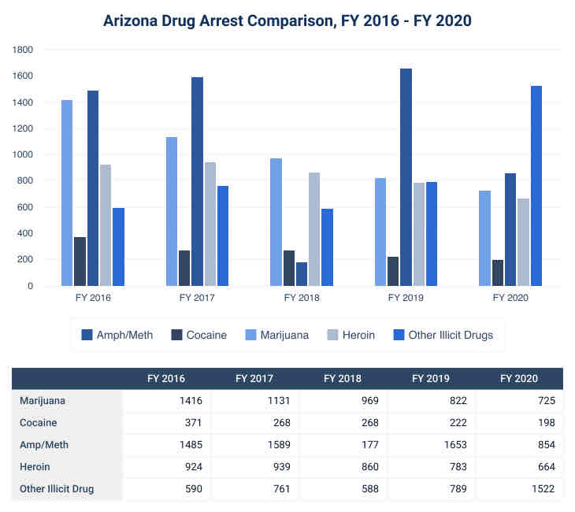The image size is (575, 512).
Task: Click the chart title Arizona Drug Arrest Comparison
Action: [x=287, y=20]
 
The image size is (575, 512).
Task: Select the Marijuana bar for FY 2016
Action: [x=67, y=193]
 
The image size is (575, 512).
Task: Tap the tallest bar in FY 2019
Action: [x=406, y=177]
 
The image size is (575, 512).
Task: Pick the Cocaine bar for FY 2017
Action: [x=184, y=268]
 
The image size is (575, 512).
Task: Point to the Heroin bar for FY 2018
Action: [x=314, y=229]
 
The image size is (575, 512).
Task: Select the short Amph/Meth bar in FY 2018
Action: [x=302, y=274]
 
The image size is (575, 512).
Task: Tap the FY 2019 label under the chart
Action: [x=406, y=298]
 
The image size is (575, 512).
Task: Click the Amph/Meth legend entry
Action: [x=118, y=335]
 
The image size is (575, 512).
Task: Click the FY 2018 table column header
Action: [x=343, y=379]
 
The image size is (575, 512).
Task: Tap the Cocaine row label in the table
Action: [x=38, y=422]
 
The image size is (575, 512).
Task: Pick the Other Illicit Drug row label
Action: [x=56, y=488]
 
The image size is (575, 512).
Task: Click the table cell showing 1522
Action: [x=543, y=488]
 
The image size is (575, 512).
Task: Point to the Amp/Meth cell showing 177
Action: [x=369, y=444]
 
